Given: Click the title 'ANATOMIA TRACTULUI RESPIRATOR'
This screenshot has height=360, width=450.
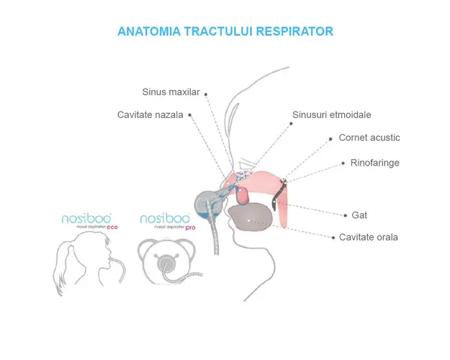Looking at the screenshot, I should (x=225, y=32).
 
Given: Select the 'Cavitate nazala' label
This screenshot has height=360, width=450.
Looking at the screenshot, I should (x=151, y=114).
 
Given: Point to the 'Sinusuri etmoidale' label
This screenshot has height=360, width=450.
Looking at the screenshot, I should (x=332, y=114).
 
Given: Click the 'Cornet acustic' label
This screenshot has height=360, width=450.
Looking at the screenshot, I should (x=369, y=138).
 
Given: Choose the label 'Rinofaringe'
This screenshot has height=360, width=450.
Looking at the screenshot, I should (x=375, y=163).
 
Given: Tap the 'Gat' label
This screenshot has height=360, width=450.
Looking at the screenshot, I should (x=359, y=215).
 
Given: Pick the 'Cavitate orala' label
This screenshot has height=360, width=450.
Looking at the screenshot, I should (x=369, y=237).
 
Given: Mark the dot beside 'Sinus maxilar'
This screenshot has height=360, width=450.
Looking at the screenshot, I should (x=206, y=93).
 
